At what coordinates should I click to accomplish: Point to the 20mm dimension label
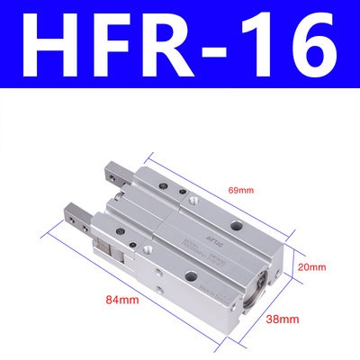[312, 267]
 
